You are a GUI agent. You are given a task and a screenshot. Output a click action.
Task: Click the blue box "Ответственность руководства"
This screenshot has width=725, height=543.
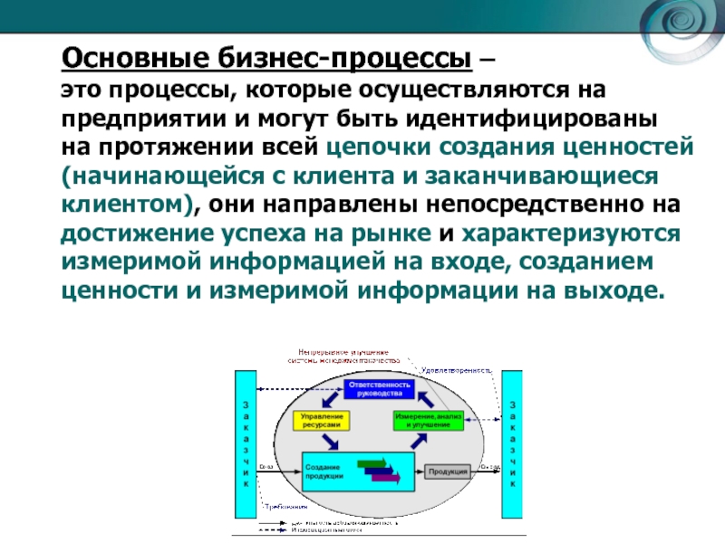pyautogui.click(x=379, y=390)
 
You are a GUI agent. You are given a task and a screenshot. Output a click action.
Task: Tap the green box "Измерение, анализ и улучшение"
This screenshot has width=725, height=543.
pyautogui.click(x=429, y=421)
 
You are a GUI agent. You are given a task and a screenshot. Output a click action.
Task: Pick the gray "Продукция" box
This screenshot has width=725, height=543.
pyautogui.click(x=448, y=472)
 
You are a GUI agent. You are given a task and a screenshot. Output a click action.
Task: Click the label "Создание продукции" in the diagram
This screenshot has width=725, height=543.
pyautogui.click(x=324, y=471)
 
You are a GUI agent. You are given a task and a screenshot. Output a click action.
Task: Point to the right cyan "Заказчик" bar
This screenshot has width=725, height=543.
pyautogui.click(x=512, y=443)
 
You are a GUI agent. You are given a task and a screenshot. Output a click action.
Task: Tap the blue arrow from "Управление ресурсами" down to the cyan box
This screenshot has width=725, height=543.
pyautogui.click(x=332, y=441)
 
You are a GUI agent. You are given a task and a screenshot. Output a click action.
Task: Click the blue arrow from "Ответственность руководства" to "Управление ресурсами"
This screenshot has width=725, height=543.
pyautogui.click(x=327, y=398)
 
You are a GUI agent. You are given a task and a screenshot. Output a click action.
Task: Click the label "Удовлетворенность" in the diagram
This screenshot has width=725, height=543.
pyautogui.click(x=456, y=370)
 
